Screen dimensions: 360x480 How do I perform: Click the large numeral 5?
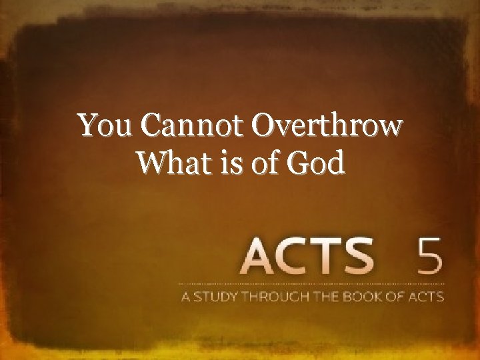point(427,257)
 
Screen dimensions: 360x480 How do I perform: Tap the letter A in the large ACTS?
point(261,257)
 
